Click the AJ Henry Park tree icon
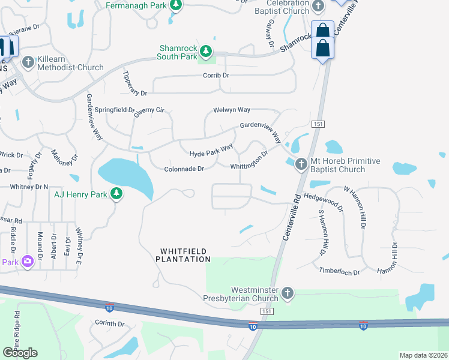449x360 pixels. coord(116,194)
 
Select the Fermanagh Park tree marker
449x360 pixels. coord(175,6)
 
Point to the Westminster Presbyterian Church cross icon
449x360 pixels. coord(288,293)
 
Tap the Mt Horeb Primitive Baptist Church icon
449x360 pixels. coord(301,164)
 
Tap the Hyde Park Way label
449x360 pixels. coord(211,151)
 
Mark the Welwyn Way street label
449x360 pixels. coord(232,110)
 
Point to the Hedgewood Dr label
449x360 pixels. coord(323,200)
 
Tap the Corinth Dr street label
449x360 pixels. coord(109,323)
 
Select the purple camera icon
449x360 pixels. coord(27,262)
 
